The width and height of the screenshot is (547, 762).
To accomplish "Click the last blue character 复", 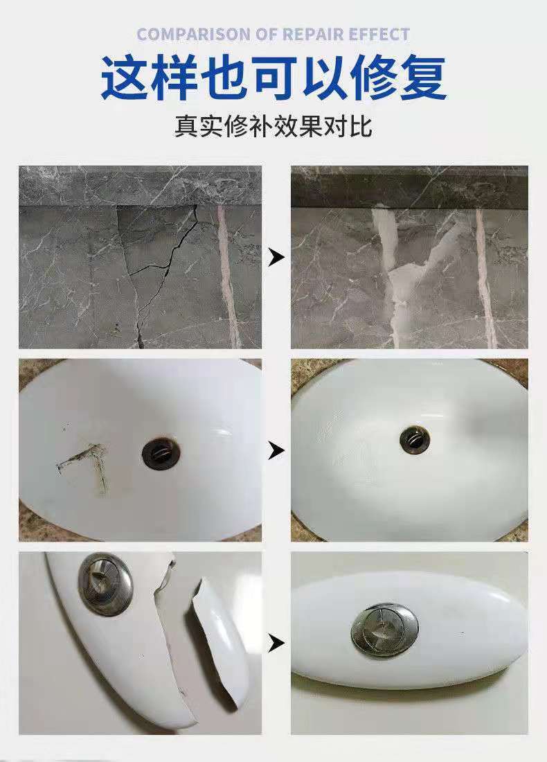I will coord(422,78).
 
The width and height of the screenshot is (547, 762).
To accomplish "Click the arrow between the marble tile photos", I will coord(276,258).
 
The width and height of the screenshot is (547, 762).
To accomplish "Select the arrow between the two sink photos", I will coord(276,451).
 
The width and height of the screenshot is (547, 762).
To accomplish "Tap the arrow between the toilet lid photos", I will coord(276,644).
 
